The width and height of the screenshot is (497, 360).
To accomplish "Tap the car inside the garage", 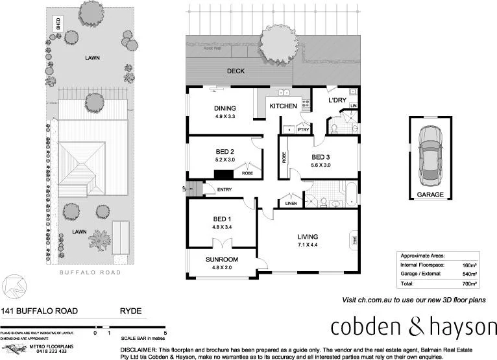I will point(430,153).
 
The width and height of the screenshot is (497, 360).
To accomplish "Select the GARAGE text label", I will point(430,194).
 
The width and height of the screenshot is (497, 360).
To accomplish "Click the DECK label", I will point(236,71).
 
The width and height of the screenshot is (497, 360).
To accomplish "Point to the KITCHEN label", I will point(283,106).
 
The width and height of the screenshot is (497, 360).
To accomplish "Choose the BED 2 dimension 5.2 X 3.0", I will point(224,160).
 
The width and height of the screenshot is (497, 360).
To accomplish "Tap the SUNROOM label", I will point(223,259).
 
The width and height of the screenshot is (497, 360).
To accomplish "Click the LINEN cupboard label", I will point(291,204).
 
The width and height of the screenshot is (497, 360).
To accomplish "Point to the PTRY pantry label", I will point(302,130).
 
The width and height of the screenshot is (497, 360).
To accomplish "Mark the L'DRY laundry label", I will point(336,101).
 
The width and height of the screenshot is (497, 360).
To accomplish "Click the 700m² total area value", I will point(469,284).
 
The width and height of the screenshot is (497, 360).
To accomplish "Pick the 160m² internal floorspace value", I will point(469,265).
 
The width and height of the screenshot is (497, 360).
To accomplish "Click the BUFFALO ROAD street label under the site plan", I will point(90,273).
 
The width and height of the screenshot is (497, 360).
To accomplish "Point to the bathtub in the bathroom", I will point(350,194).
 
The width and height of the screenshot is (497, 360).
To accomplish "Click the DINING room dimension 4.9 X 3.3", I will point(224,117).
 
